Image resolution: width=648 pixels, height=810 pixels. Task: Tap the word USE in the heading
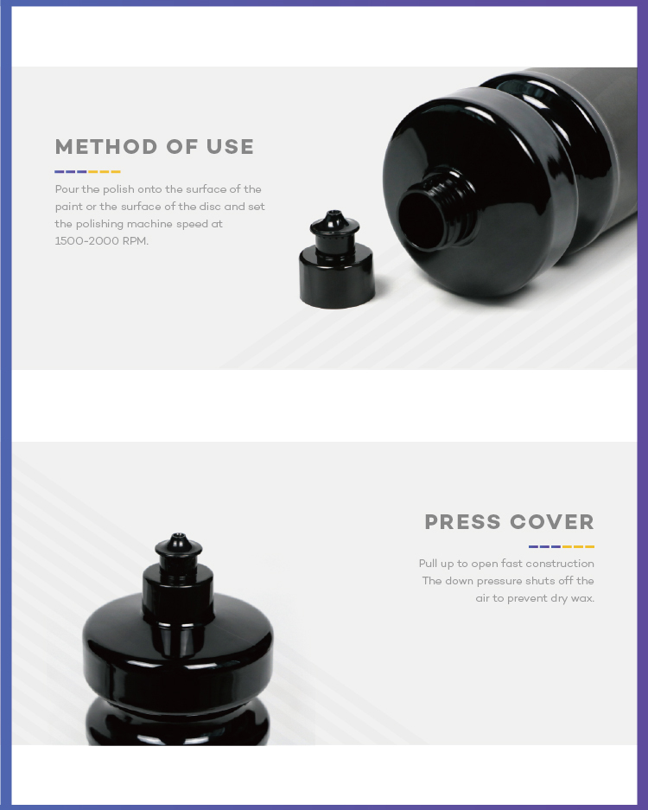point(231,147)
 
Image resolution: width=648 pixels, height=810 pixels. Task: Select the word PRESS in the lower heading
point(462,522)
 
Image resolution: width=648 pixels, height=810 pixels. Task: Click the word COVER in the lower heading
point(552,522)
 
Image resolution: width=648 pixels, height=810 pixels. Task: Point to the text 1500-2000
point(86,241)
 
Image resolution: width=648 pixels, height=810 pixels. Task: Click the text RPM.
point(136,241)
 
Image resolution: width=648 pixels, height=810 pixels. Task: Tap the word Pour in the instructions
point(67,189)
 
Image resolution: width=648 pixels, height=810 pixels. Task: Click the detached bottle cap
point(337,260)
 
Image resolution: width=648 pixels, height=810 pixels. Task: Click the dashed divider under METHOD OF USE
point(87,171)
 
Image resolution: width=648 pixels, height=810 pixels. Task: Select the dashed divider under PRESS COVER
point(562,546)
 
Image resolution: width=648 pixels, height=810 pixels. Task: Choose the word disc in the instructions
point(210,207)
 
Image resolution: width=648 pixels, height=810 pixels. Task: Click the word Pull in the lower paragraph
point(428,564)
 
